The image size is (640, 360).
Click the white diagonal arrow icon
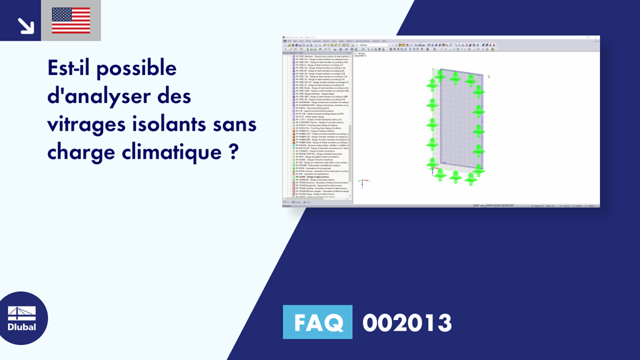25,24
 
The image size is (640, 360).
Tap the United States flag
71,21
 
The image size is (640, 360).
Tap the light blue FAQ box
317,322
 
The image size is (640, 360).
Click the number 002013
407,322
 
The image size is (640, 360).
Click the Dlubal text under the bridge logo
22,326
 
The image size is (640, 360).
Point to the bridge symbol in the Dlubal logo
22,312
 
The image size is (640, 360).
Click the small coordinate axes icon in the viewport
361,182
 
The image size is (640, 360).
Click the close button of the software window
597,37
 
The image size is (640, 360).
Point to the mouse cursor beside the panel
488,76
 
